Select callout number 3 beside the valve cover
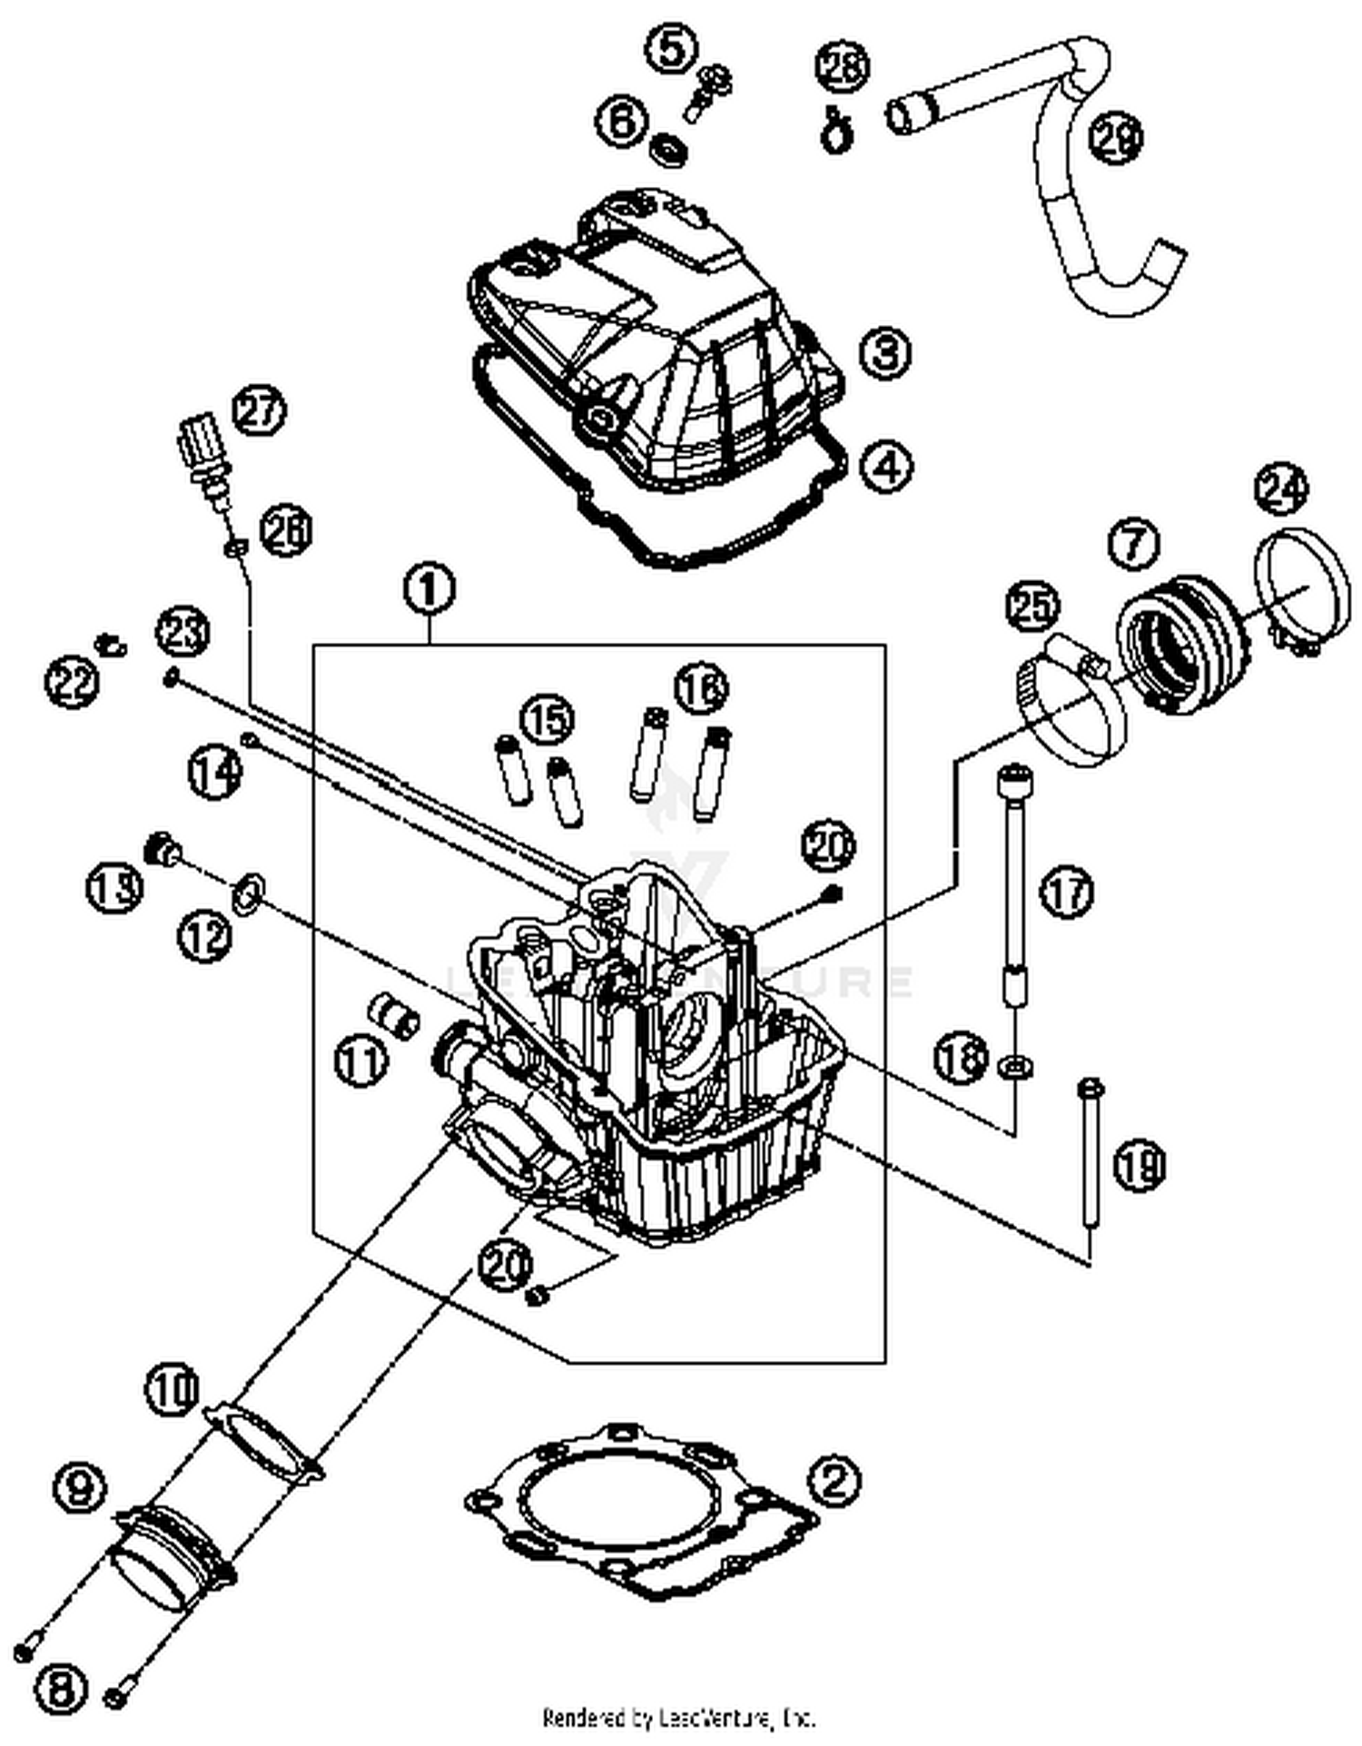click(x=884, y=351)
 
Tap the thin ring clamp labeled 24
click(x=1301, y=585)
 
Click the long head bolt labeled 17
click(x=1012, y=881)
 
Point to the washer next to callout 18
click(x=1015, y=1066)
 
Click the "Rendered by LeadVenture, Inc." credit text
click(x=679, y=1718)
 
